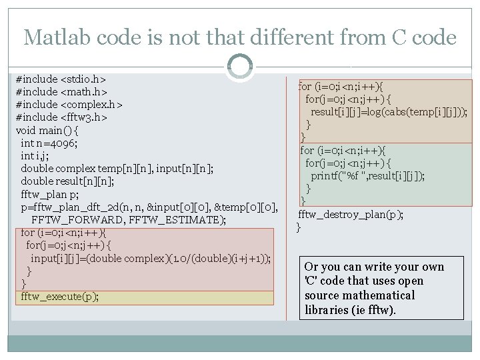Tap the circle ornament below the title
(x=239, y=67)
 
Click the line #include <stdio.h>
(x=61, y=78)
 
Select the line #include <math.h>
(x=61, y=91)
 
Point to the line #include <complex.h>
(x=69, y=105)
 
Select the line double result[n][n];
(x=67, y=181)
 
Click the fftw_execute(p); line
(x=59, y=297)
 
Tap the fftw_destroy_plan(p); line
(x=351, y=214)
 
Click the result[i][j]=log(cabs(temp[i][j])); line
(x=389, y=111)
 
